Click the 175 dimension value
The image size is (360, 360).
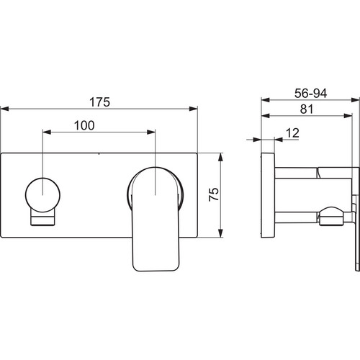point(100,102)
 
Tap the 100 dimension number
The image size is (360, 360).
point(84,125)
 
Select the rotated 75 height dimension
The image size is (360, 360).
point(214,194)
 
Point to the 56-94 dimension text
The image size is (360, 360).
point(310,93)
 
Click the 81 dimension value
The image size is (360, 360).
point(307,109)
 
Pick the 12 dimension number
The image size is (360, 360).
point(292,133)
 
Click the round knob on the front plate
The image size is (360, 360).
point(42,195)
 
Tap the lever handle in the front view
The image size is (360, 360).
point(156,219)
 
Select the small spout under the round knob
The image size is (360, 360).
point(42,217)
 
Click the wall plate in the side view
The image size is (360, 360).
point(268,195)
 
